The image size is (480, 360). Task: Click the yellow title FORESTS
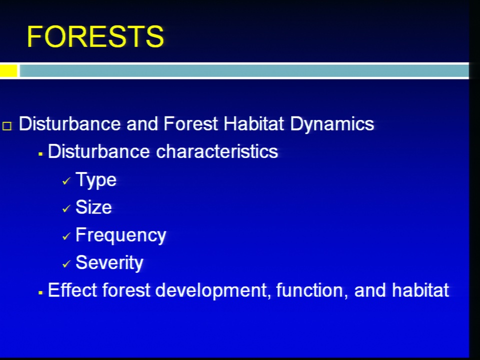click(x=95, y=36)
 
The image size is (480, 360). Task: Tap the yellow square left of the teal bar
click(x=8, y=70)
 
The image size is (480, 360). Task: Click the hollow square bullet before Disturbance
click(x=7, y=126)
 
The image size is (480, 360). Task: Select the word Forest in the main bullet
click(x=190, y=124)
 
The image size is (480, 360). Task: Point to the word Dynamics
click(x=332, y=125)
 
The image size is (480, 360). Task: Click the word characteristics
click(x=217, y=151)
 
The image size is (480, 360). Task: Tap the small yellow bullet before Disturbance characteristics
click(x=40, y=154)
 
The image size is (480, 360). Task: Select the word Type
click(x=96, y=180)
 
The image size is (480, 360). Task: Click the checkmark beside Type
click(x=66, y=181)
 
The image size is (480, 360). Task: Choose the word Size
click(x=93, y=207)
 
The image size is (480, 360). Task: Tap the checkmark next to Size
click(x=66, y=209)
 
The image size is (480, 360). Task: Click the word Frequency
click(x=120, y=235)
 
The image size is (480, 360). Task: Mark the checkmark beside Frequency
click(x=66, y=236)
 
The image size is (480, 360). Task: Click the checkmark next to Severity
click(x=66, y=264)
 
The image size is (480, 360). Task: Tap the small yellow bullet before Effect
click(x=40, y=293)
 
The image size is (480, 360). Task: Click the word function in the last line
click(x=309, y=290)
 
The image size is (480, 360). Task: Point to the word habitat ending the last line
click(x=420, y=290)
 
